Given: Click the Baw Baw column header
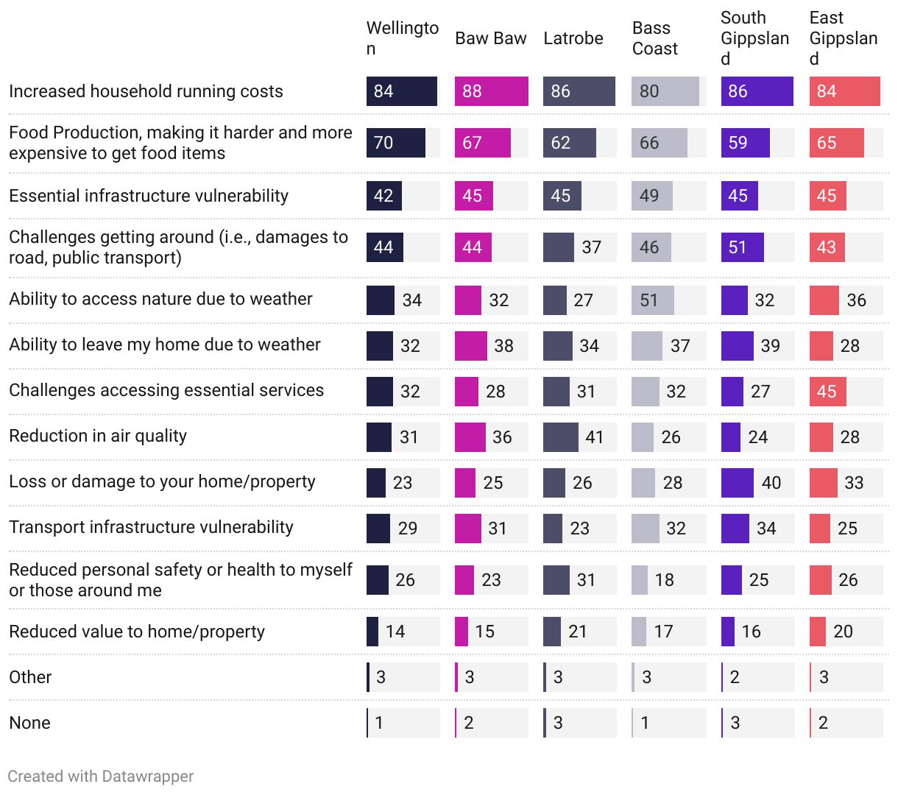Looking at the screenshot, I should click(490, 38).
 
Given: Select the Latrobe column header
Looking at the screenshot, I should click(573, 38).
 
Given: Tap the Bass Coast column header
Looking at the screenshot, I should click(654, 38).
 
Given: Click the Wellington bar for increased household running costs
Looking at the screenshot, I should click(401, 91).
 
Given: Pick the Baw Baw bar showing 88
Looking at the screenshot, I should click(491, 91).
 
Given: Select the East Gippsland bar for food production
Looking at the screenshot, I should click(836, 143).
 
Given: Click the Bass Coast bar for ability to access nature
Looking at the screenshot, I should click(652, 300).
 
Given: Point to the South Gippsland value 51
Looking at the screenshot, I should click(738, 247).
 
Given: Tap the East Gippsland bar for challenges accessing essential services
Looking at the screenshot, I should click(827, 392).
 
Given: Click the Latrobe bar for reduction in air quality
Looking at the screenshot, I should click(560, 437).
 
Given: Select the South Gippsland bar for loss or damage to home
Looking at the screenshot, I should click(737, 483).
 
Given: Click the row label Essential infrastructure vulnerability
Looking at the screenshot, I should click(149, 196).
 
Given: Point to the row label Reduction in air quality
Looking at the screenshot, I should click(98, 436).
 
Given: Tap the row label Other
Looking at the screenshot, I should click(30, 677).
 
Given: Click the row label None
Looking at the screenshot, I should click(29, 723).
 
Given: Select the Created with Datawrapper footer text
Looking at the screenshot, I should click(101, 776).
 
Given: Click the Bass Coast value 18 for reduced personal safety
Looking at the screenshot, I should click(665, 580).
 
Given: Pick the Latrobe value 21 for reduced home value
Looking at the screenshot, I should click(578, 632).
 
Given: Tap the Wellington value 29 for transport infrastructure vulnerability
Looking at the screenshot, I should click(408, 529).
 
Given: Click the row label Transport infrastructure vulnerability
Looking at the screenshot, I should click(151, 527).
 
